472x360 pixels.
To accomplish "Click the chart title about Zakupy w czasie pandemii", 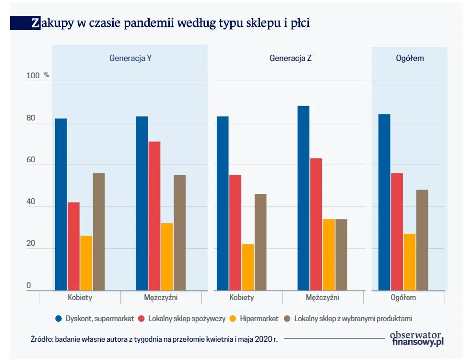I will click(170, 23).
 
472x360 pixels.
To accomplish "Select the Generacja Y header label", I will click(131, 58).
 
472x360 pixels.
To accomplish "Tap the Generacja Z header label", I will click(291, 58).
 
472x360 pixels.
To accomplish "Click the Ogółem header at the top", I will click(410, 58).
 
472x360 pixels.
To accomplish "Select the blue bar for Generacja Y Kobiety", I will click(61, 204).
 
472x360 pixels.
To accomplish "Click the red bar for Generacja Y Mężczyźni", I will click(154, 216).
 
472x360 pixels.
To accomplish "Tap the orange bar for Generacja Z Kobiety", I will click(248, 267).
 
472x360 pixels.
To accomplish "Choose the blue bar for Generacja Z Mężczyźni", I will click(303, 198).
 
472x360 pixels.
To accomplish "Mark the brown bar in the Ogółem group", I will click(422, 240).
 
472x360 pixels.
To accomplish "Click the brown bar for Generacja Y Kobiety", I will click(99, 231).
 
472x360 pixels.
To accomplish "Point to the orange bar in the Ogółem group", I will click(410, 262).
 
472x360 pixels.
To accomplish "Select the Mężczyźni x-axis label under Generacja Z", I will click(322, 298).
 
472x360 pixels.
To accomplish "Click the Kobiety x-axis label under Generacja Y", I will click(80, 298).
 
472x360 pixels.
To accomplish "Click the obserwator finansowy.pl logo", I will click(416, 338).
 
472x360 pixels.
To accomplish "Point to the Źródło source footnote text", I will click(153, 339).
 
